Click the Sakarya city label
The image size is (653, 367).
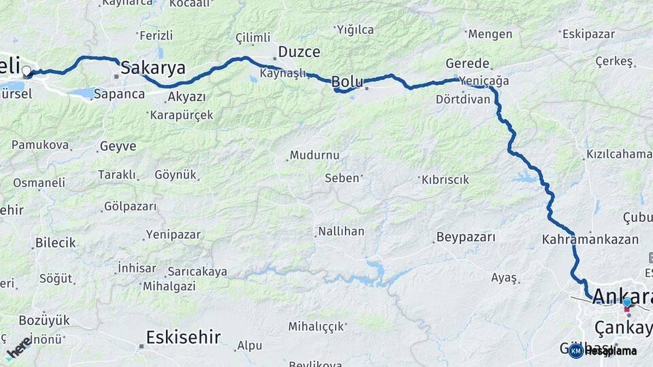pos(153,67)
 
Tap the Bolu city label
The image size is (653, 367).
pos(347,82)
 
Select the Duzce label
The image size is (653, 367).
pos(299,52)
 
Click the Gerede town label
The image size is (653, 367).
pos(467,63)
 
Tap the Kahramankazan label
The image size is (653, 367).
pos(590,239)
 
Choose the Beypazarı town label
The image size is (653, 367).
pos(466,237)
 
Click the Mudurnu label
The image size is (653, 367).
pos(314,155)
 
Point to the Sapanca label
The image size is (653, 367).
pos(119,94)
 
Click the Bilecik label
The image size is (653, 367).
pos(56,243)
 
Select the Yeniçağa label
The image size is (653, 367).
pos(484,81)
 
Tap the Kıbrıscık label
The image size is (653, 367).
pos(446,179)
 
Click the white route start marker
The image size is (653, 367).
pos(27,71)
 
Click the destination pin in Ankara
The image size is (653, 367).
pos(626,304)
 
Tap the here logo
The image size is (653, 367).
pos(19,347)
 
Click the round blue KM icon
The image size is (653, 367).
pos(575,351)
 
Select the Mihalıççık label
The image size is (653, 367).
pos(316,326)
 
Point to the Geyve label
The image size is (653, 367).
pos(118,146)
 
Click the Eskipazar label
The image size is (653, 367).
pos(588,33)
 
